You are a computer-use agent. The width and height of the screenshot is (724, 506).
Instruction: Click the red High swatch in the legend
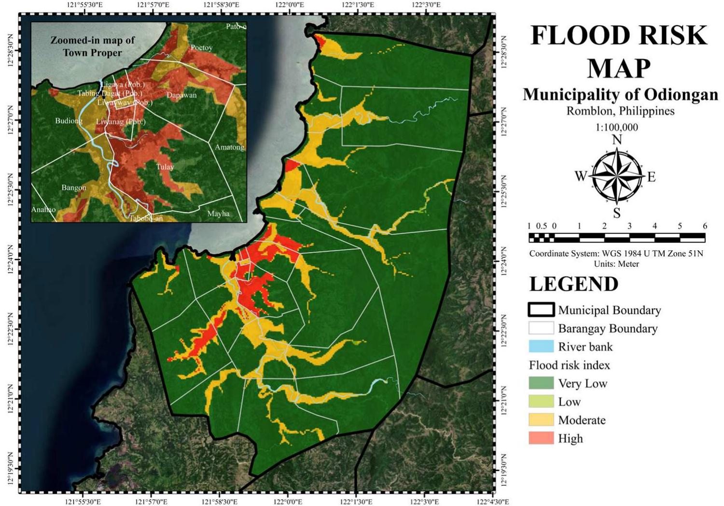[541, 438]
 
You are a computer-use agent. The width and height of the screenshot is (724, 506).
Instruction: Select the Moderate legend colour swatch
[541, 420]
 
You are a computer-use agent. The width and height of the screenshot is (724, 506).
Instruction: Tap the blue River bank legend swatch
[541, 347]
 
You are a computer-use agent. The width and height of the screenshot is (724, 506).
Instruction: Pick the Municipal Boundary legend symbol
[541, 310]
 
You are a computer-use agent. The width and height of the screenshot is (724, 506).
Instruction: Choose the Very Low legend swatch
[541, 383]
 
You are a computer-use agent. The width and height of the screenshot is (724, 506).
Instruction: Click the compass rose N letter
[617, 140]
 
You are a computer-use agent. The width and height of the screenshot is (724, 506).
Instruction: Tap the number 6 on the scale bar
[705, 226]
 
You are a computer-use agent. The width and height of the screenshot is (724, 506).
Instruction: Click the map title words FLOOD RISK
[619, 35]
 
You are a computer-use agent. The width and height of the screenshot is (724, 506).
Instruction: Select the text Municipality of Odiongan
[620, 94]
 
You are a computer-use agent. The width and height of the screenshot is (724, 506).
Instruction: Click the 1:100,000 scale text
[616, 128]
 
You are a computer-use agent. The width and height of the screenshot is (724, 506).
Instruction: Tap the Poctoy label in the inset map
[201, 47]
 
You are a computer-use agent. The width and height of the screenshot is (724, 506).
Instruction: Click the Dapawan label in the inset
[181, 95]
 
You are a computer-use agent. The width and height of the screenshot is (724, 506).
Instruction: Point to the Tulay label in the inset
[165, 167]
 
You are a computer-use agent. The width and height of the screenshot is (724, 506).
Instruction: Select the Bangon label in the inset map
[74, 188]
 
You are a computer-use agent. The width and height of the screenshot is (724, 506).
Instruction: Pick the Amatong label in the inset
[229, 147]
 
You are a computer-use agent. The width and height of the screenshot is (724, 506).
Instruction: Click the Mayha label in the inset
[218, 214]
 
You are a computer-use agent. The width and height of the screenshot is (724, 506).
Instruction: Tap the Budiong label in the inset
[69, 121]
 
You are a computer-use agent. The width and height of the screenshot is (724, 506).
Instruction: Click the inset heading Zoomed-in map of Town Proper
[92, 46]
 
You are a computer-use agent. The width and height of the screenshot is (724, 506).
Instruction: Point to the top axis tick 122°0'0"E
[288, 5]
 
